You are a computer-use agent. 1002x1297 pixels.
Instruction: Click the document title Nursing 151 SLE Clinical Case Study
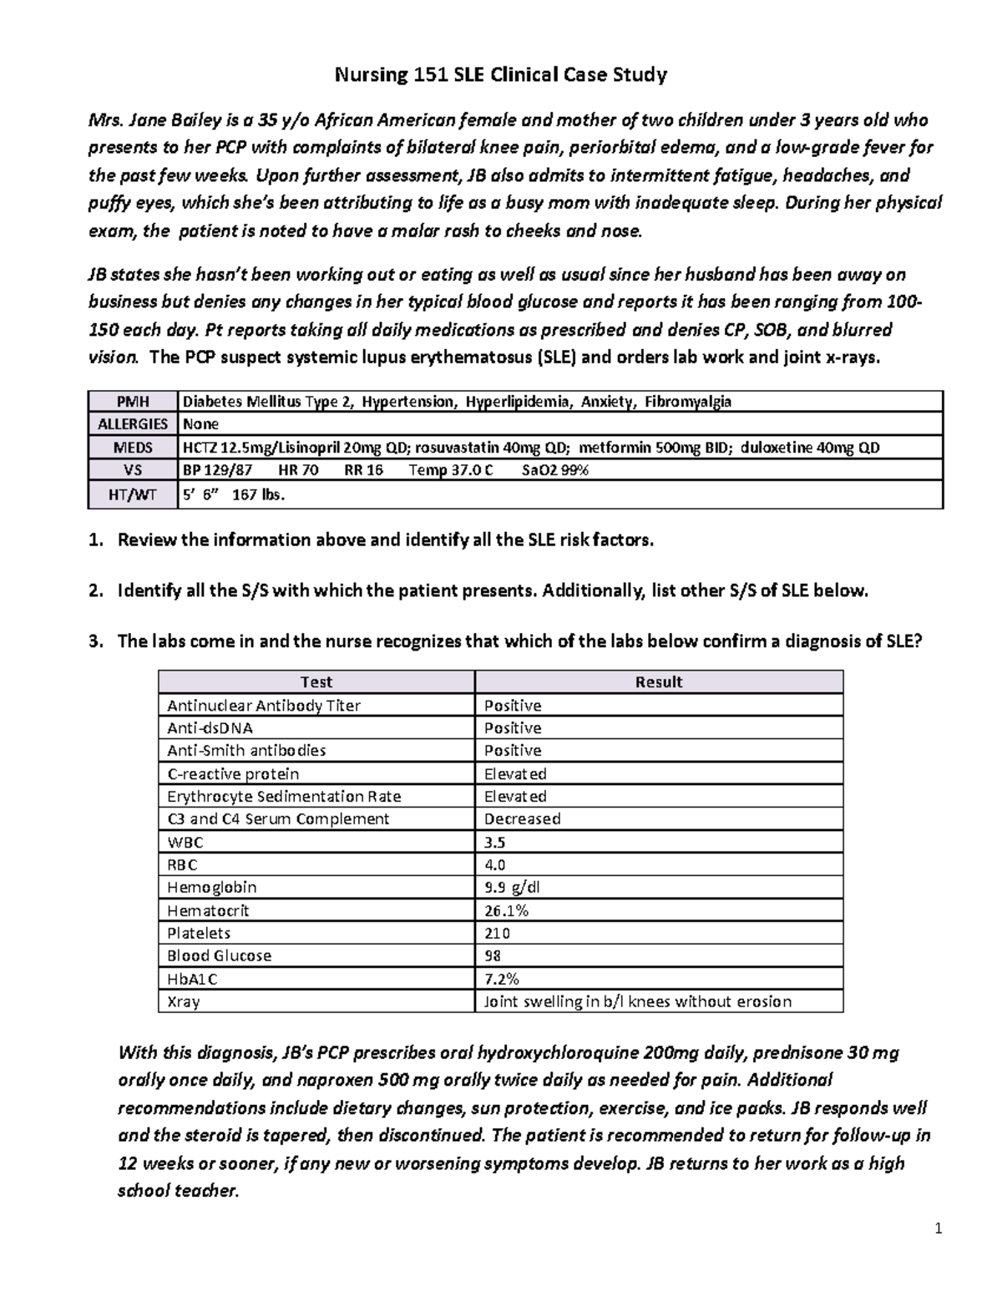click(x=500, y=76)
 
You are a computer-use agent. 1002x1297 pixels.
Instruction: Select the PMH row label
click(x=132, y=402)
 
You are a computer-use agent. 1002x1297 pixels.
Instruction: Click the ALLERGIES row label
click(x=132, y=424)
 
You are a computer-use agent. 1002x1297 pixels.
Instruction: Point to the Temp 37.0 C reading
click(x=450, y=470)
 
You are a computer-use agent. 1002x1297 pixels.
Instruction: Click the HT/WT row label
click(x=132, y=495)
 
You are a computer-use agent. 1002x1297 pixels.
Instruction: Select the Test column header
click(x=316, y=682)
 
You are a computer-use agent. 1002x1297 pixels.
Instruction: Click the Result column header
click(x=658, y=682)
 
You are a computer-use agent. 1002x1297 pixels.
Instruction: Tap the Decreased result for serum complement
click(x=522, y=819)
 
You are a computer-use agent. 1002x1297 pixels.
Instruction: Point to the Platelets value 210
click(x=497, y=933)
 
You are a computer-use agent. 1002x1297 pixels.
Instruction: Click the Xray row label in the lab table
click(x=183, y=1001)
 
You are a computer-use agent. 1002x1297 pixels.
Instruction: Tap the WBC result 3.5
click(x=494, y=842)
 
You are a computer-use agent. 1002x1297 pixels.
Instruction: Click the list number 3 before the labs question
click(x=94, y=642)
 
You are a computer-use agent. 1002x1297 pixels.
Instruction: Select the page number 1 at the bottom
click(x=939, y=1229)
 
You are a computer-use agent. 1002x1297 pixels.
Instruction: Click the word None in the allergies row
click(x=200, y=424)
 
